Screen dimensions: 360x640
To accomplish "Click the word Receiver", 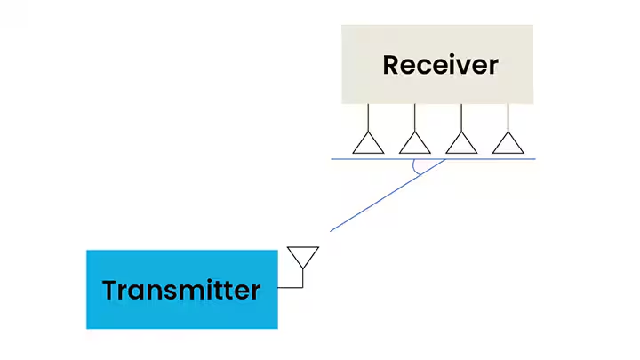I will point(440,65).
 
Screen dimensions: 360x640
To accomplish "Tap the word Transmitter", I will point(181,290).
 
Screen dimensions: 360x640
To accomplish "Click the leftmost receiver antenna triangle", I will point(368,143).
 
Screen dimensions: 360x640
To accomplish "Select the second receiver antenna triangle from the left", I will point(414,143).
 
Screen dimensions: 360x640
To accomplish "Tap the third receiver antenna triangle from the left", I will point(461,143).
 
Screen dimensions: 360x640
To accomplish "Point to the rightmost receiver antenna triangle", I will point(508,143).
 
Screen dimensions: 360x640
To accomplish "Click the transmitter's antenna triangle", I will point(303,256).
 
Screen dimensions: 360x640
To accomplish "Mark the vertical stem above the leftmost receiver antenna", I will point(368,117).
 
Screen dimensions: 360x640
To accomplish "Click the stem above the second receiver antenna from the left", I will point(414,117).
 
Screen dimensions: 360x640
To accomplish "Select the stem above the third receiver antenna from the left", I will point(461,117).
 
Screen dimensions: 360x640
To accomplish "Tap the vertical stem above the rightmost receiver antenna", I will point(508,117).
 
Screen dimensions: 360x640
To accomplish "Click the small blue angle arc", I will point(416,170).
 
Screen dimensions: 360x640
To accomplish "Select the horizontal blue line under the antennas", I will point(498,159).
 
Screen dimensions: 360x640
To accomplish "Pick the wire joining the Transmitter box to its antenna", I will point(291,288).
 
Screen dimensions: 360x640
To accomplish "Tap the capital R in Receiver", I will point(391,65).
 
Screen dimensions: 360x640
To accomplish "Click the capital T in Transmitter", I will point(110,290).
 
